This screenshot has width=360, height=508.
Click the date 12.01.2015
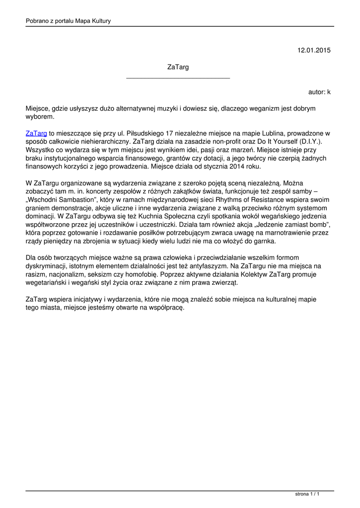click(x=314, y=50)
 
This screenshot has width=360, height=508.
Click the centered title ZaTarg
click(x=178, y=67)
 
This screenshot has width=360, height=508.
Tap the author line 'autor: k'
click(x=319, y=92)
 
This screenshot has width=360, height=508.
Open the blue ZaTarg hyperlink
click(x=36, y=133)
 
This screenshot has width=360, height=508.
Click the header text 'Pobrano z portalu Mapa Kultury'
click(x=68, y=21)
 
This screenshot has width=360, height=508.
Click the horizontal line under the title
click(x=178, y=78)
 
